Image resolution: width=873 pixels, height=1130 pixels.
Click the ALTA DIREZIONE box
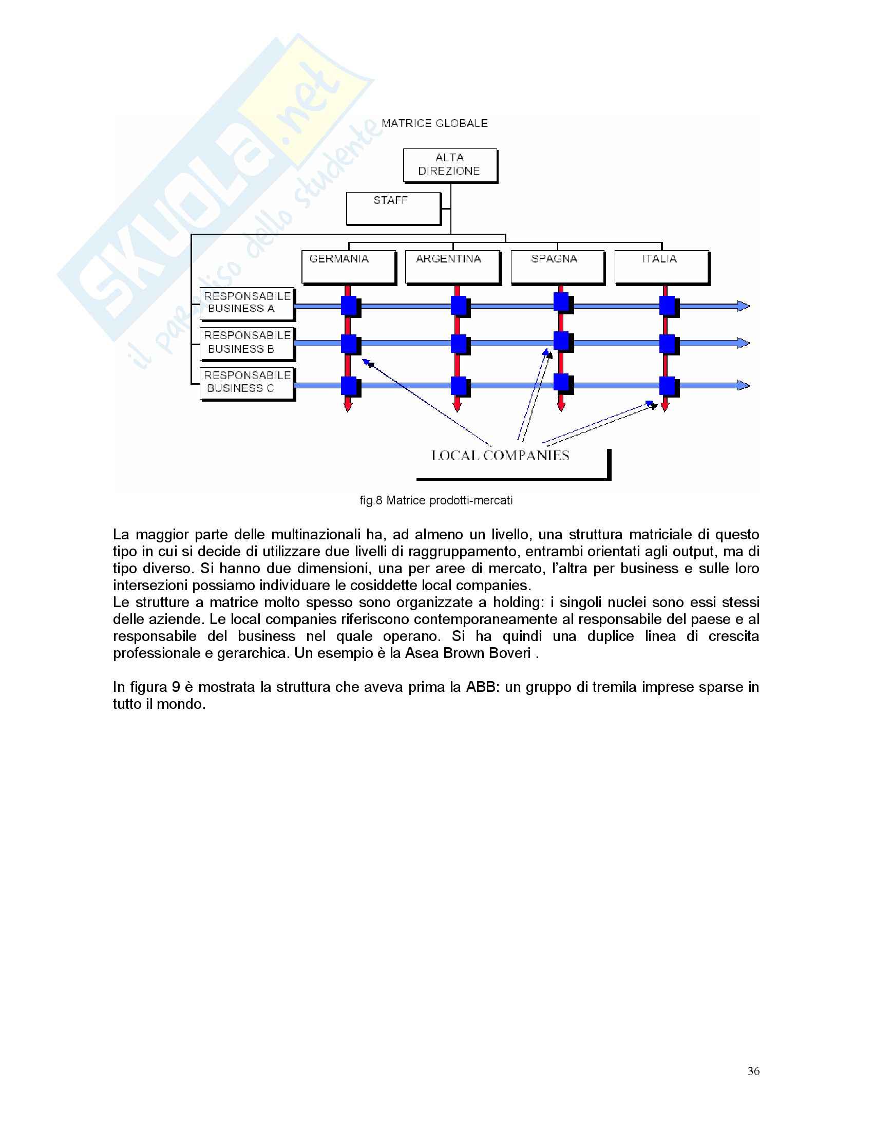(450, 165)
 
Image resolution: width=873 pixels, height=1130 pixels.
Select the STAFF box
(393, 208)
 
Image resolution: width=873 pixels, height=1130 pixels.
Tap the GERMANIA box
(349, 267)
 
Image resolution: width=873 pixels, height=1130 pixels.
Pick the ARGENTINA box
(452, 267)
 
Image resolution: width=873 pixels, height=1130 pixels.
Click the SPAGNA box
(558, 267)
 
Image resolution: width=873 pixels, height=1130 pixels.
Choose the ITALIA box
(661, 267)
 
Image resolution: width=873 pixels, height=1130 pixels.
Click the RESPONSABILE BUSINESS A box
(246, 303)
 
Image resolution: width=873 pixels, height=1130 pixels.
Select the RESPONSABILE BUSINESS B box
(246, 343)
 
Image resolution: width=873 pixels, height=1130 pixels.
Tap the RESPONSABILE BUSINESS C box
(246, 383)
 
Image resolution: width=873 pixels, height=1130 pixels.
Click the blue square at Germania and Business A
(349, 306)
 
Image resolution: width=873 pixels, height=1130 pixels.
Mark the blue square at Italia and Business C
(668, 386)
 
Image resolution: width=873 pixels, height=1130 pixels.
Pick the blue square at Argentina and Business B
(459, 344)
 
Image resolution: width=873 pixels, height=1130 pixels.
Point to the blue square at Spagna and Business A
(561, 302)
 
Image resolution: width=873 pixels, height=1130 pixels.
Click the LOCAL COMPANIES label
(500, 456)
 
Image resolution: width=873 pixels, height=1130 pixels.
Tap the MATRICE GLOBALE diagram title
(434, 123)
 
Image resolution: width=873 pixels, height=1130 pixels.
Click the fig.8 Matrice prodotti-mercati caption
(436, 500)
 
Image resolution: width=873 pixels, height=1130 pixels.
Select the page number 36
(753, 1071)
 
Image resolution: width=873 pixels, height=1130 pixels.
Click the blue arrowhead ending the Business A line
(743, 306)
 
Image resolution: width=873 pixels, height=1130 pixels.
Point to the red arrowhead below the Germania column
(348, 406)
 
